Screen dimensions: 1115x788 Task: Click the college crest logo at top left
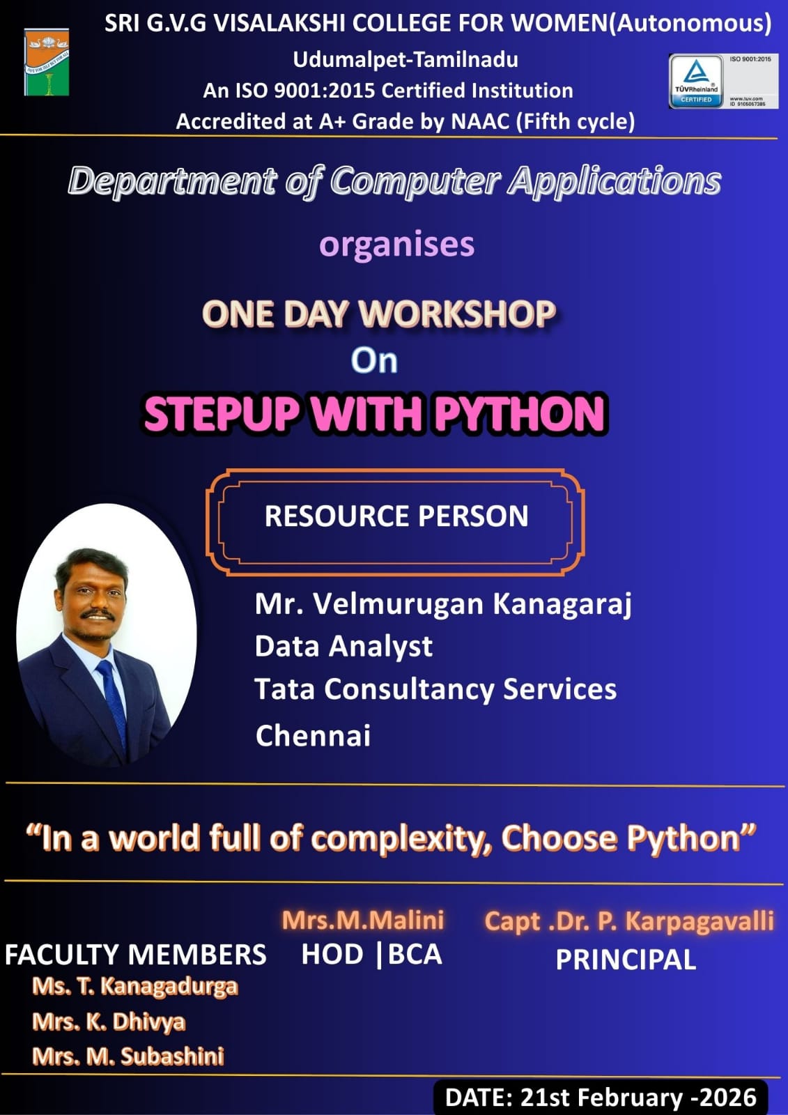47,62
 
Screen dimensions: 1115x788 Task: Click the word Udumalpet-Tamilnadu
405,59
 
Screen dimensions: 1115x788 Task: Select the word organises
396,245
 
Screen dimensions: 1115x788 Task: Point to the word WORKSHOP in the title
457,313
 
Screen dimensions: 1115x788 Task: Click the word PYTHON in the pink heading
520,413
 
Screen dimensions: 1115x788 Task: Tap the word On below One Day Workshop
374,360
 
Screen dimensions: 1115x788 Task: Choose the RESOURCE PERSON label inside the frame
396,516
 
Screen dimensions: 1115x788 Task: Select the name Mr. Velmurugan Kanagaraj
443,603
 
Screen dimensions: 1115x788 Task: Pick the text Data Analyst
343,646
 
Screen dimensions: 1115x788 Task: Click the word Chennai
313,736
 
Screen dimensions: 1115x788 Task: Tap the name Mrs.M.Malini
363,920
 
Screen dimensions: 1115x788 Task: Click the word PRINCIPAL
626,960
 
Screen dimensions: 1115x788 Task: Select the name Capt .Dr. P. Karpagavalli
629,921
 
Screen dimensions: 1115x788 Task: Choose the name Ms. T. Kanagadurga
135,986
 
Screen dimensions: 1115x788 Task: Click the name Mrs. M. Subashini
128,1056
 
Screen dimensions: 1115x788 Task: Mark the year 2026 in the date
729,1098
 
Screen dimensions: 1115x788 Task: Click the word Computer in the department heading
415,181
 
